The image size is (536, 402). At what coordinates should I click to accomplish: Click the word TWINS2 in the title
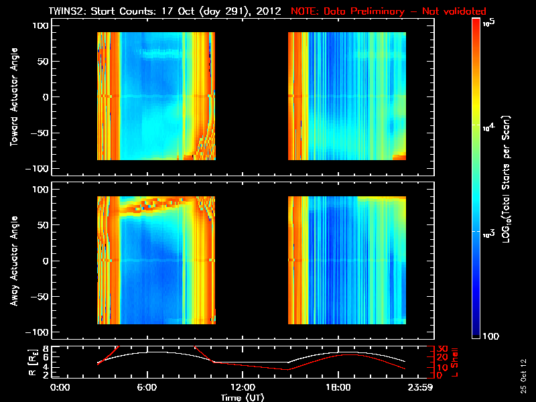click(x=68, y=11)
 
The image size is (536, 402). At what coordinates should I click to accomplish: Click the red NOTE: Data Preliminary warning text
click(x=389, y=11)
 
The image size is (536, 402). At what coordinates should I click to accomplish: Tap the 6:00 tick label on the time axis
click(x=147, y=387)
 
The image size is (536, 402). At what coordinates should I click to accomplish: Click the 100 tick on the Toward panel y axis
click(x=41, y=25)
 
